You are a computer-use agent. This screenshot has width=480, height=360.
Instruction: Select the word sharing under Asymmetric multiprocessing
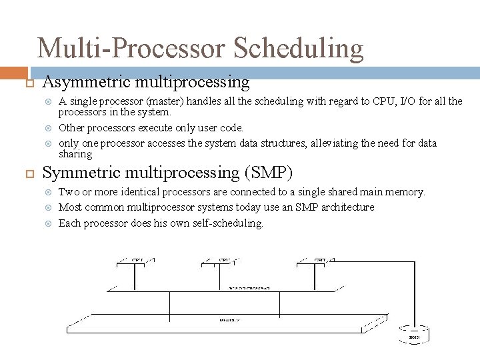tap(75, 154)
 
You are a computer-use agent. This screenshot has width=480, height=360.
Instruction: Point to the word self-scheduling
tap(229, 223)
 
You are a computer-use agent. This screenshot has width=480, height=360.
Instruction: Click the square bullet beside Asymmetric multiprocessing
tap(28, 83)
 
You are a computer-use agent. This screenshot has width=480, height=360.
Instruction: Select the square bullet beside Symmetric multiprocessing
tap(28, 173)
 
